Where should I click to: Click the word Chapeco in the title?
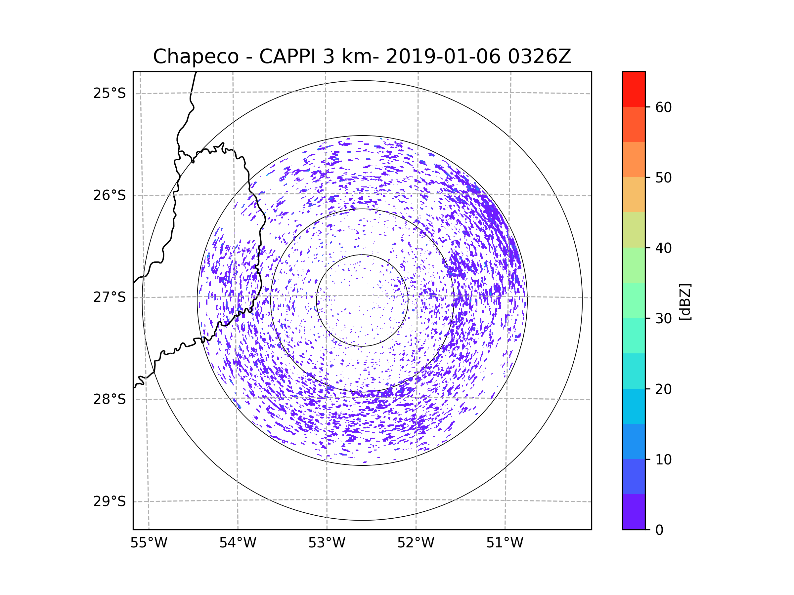point(196,57)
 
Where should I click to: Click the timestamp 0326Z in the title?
point(539,57)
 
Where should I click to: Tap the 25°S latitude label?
point(110,93)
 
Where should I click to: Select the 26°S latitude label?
point(110,195)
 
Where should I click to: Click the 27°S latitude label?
point(110,297)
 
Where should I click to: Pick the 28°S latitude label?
point(110,399)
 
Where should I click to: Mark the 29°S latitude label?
point(110,501)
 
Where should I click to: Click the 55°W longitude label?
point(149,543)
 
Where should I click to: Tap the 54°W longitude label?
point(238,543)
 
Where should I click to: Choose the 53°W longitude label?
point(327,543)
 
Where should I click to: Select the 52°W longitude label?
point(416,543)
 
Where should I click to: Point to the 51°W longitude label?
point(505,543)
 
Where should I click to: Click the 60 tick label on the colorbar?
point(663,107)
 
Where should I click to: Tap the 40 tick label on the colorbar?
point(663,248)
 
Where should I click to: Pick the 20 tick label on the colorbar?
point(663,389)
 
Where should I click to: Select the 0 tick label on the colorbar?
point(659,530)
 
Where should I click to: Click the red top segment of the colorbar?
point(634,89)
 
